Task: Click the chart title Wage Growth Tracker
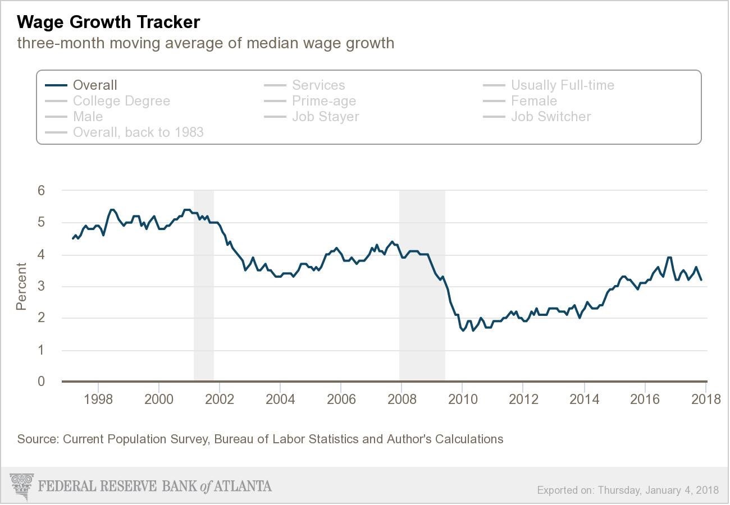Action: coord(108,22)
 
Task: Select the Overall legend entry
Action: coord(95,85)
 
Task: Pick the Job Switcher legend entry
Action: coord(550,117)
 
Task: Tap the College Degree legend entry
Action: coord(121,101)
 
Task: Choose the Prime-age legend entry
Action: coord(324,101)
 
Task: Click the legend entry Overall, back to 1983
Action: coord(138,132)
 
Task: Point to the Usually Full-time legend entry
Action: coord(562,85)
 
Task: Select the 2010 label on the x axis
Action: coord(462,400)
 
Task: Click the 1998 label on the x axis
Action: coord(98,400)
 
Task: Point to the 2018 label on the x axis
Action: coord(705,400)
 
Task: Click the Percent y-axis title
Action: coord(21,286)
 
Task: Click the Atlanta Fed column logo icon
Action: coord(22,486)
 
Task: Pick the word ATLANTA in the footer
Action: coord(242,486)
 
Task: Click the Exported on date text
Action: coord(628,490)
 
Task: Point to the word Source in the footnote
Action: coord(36,439)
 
